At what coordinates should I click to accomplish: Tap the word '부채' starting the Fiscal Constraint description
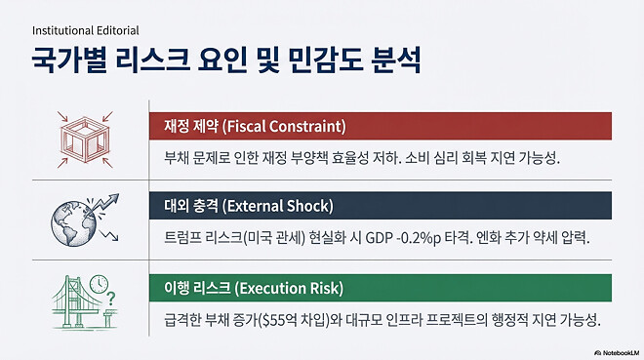pyautogui.click(x=172, y=157)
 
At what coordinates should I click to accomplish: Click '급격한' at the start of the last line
pyautogui.click(x=179, y=319)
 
